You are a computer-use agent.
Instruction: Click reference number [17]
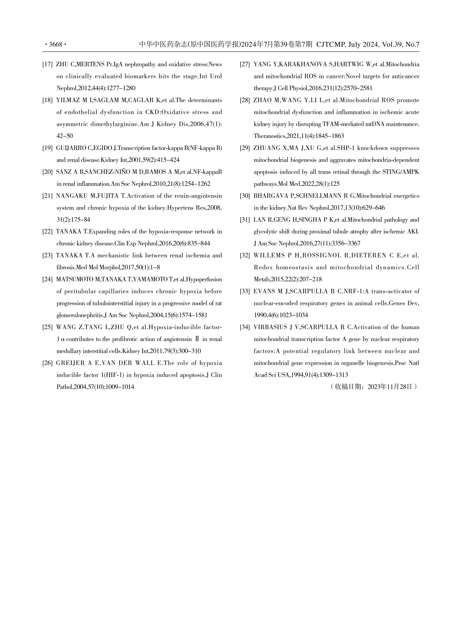click(47, 64)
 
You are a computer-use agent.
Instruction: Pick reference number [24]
click(47, 279)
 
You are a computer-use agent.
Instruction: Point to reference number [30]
click(245, 196)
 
